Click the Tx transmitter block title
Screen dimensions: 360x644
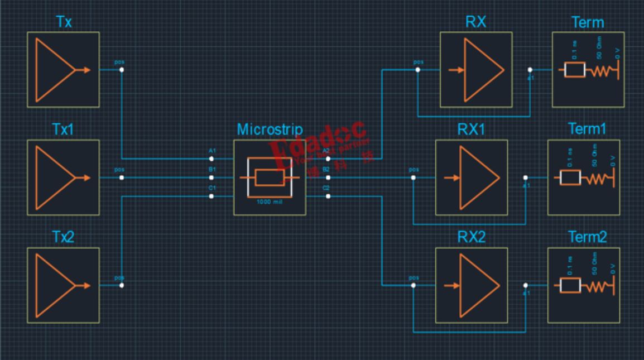63,22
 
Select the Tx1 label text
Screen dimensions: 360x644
63,130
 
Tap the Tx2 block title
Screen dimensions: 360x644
63,238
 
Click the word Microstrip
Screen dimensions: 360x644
270,129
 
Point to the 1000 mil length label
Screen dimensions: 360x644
270,201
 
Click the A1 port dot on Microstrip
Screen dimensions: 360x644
212,159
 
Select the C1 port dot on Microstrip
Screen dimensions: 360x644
212,196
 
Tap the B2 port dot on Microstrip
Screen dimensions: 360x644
328,177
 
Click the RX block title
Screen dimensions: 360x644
476,22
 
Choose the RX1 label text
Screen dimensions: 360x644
472,130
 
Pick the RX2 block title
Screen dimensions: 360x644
472,238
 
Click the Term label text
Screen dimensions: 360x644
588,22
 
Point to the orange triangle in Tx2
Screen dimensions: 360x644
54,286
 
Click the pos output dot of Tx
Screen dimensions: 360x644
122,70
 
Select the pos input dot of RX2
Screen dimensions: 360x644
413,285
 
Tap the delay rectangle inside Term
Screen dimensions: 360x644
574,70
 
